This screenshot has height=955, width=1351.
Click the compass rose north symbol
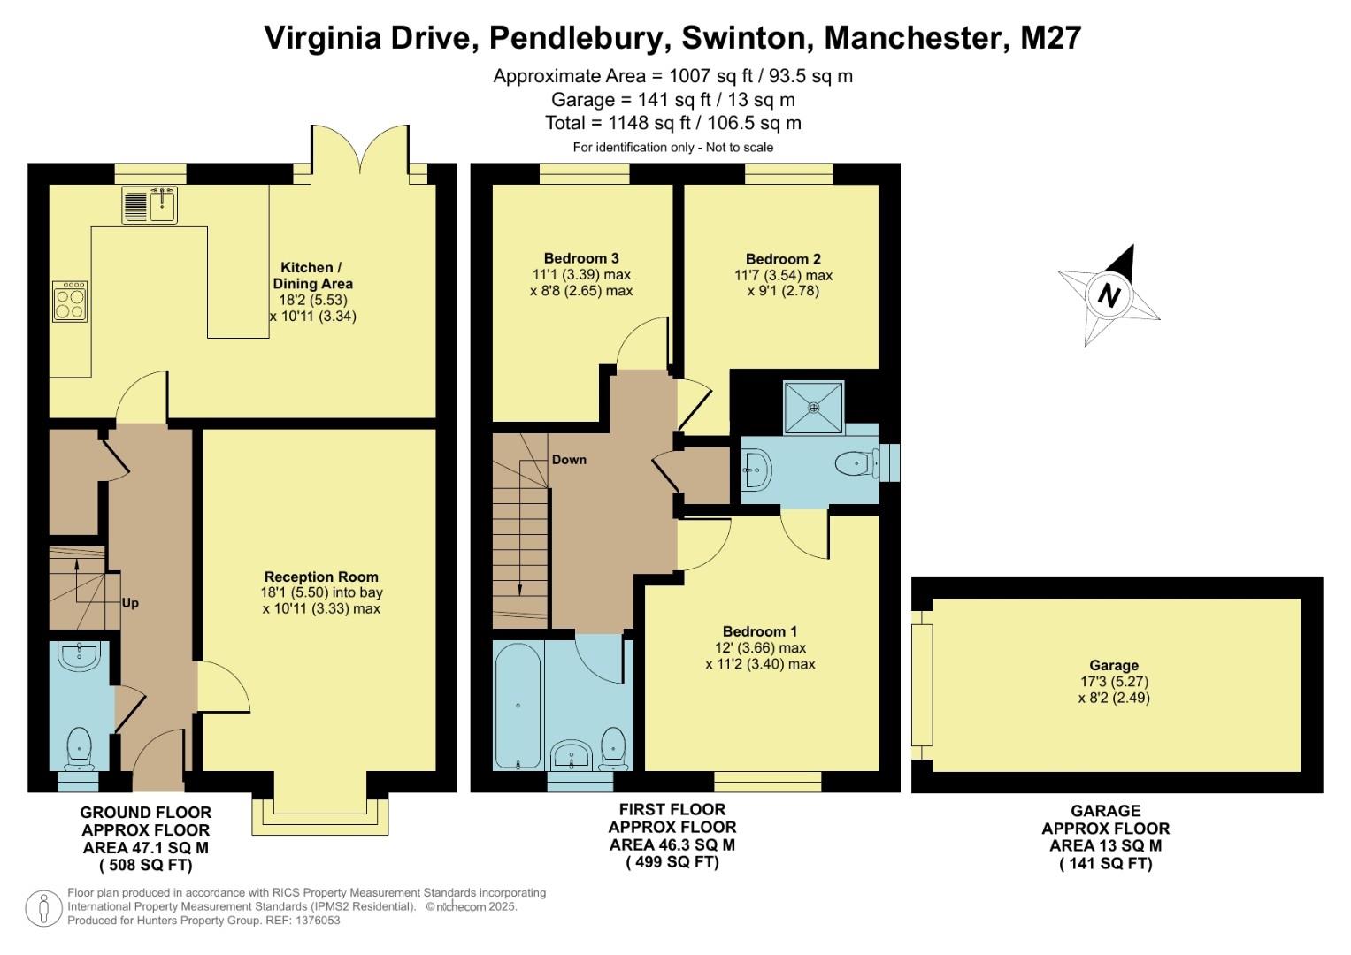click(x=1109, y=294)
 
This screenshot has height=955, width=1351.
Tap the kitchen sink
click(x=150, y=205)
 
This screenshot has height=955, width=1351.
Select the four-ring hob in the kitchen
click(x=70, y=301)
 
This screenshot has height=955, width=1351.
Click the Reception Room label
click(x=321, y=577)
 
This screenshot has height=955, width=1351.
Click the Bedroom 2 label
click(x=783, y=259)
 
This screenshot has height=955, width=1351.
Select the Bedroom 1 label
click(x=760, y=631)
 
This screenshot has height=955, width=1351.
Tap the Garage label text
click(x=1114, y=665)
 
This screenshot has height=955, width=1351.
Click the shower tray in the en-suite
click(x=813, y=408)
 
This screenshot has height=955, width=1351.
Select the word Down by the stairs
click(x=569, y=460)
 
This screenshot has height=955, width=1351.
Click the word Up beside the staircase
click(x=130, y=603)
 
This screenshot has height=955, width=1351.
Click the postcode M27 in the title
click(x=1050, y=38)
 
